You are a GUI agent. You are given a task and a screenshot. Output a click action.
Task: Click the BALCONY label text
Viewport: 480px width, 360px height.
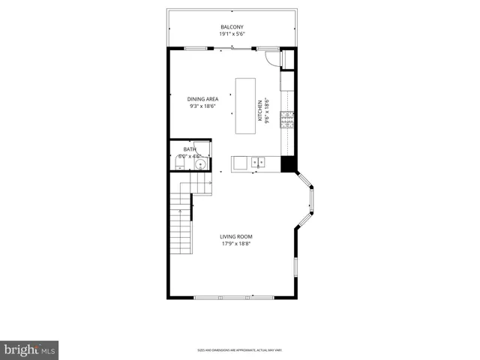pos(232,27)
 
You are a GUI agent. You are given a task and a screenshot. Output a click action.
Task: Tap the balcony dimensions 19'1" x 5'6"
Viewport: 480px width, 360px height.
pos(232,34)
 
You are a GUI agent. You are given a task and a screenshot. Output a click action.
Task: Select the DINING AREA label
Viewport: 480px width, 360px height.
pos(202,99)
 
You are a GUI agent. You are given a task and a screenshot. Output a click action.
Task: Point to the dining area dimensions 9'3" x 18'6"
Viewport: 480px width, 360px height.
pos(202,106)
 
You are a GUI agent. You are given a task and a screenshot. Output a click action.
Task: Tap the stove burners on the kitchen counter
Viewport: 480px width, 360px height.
pos(286,118)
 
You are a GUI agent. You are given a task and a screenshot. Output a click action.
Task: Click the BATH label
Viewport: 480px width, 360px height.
pos(190,149)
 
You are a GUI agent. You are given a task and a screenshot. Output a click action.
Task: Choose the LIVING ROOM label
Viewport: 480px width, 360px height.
pos(235,236)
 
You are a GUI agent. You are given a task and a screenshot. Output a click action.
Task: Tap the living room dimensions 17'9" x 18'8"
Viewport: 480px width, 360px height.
pos(235,244)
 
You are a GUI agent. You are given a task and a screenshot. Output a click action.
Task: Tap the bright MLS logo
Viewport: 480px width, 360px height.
pos(29,349)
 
